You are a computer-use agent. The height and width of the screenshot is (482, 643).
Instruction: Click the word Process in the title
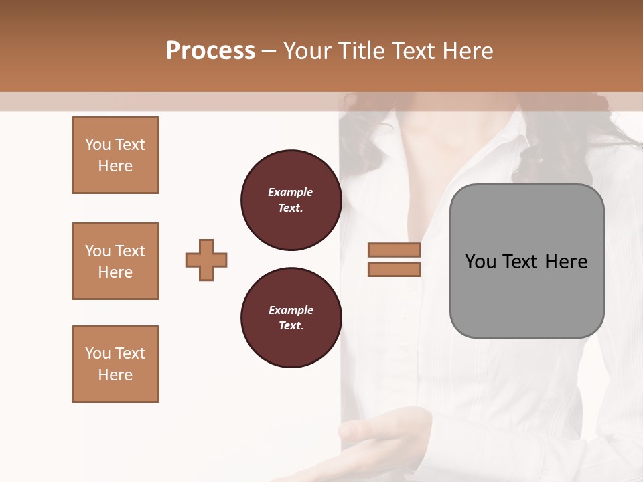coord(210,51)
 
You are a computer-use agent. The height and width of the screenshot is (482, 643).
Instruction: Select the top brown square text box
coord(115,155)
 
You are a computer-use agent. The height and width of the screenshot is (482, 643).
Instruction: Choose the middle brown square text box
coord(115,261)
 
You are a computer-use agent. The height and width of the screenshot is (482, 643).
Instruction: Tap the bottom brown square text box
coord(115,364)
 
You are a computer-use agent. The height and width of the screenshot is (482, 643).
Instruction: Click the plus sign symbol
coord(206,260)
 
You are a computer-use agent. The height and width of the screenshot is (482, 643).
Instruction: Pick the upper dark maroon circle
coord(291,200)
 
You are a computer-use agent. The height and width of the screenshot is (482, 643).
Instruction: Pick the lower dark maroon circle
coord(291,318)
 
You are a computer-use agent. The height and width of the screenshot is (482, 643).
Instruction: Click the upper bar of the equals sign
coord(394,250)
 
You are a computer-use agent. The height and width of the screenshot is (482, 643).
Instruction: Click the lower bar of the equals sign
coord(394,270)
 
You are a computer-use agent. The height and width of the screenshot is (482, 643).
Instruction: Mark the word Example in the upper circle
coord(291,193)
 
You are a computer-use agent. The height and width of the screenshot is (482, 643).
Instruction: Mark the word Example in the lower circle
coord(291,311)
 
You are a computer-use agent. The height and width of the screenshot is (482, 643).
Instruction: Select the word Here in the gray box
coord(566,262)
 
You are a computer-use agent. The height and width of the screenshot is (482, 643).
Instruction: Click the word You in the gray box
coord(480,262)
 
